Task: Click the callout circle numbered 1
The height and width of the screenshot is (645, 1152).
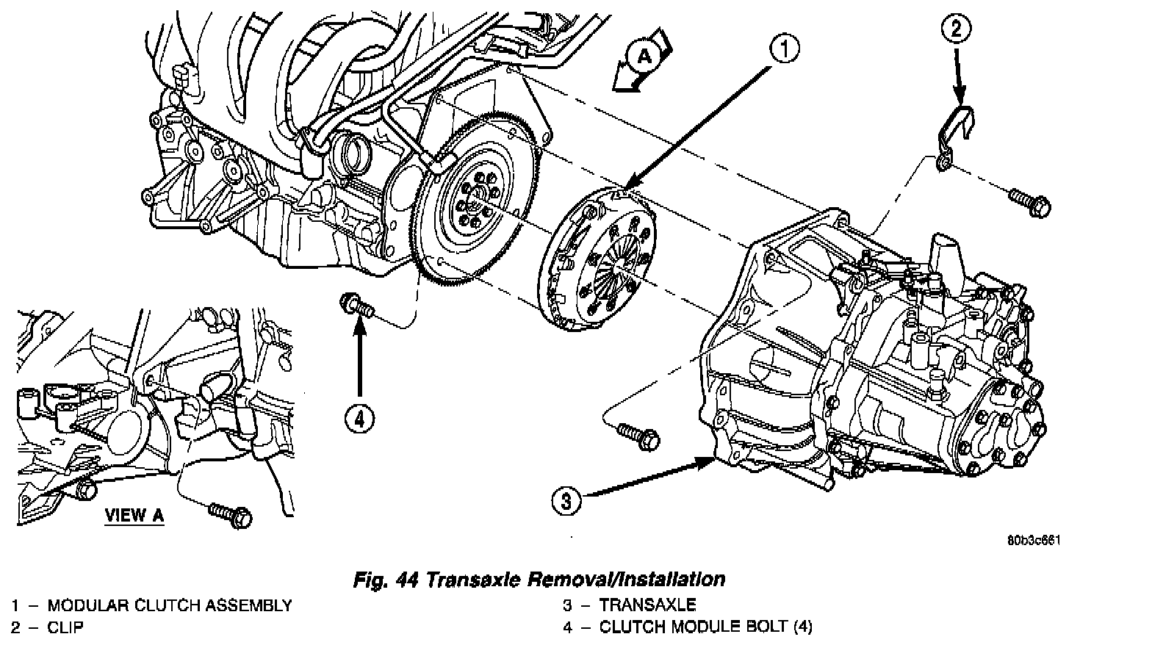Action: pyautogui.click(x=784, y=49)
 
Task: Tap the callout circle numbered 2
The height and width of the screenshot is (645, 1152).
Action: pyautogui.click(x=956, y=29)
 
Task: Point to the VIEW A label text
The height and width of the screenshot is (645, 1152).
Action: pyautogui.click(x=134, y=515)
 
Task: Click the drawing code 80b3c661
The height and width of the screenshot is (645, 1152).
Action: pyautogui.click(x=1034, y=540)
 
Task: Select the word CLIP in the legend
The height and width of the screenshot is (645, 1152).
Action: pyautogui.click(x=65, y=627)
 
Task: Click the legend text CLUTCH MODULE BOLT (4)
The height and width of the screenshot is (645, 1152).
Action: pyautogui.click(x=705, y=627)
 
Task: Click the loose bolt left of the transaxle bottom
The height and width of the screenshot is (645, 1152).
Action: pyautogui.click(x=638, y=435)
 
